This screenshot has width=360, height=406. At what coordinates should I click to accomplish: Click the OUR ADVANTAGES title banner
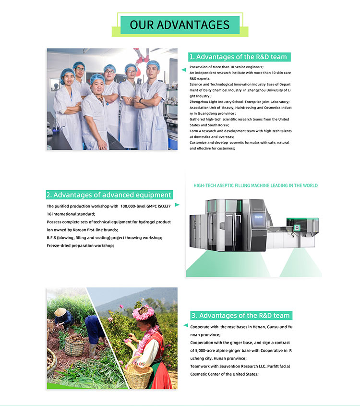[180, 25]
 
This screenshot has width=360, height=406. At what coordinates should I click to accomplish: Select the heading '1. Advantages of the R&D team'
[239, 57]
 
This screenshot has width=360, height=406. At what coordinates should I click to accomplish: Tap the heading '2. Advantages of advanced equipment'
[109, 195]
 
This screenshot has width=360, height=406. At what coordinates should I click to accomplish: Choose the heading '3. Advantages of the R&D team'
[241, 315]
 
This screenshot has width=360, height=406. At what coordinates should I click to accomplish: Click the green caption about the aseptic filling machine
[255, 185]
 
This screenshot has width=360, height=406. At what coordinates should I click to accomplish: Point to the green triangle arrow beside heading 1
[184, 70]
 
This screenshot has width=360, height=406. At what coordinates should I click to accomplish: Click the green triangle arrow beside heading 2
[177, 205]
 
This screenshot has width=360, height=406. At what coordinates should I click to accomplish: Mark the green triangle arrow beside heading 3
[186, 325]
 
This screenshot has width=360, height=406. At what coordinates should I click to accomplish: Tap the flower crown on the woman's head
[143, 312]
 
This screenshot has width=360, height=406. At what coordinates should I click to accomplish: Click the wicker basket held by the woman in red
[138, 374]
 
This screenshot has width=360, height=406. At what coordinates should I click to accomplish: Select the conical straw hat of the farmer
[60, 312]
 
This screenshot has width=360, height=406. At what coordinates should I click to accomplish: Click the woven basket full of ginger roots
[74, 346]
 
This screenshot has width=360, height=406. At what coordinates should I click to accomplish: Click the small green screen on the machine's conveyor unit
[296, 228]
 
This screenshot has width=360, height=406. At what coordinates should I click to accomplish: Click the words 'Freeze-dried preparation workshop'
[80, 246]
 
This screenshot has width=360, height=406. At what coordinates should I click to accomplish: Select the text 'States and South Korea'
[209, 125]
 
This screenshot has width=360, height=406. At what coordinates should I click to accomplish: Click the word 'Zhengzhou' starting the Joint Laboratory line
[199, 102]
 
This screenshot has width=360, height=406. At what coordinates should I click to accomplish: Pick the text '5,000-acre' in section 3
[206, 350]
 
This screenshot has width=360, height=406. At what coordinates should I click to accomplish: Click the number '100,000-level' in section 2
[132, 206]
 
